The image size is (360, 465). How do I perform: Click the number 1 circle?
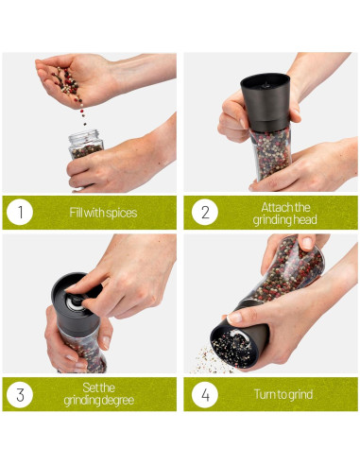[x=20, y=212]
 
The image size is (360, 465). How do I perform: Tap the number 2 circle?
[x=205, y=212]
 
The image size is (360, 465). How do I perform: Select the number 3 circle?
[x=20, y=394]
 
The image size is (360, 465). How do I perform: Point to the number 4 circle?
[x=205, y=394]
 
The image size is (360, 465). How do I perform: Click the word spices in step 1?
[x=122, y=214]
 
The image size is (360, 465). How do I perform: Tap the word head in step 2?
[x=305, y=219]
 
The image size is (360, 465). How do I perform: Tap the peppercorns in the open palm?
[x=68, y=82]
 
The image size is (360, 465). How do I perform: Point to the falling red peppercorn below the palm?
[x=82, y=112]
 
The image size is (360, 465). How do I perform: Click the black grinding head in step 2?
[x=266, y=102]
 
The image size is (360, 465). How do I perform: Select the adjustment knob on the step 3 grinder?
[x=76, y=301]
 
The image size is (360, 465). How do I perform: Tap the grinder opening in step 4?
[x=231, y=345]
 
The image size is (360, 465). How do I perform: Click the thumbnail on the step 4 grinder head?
[x=234, y=318]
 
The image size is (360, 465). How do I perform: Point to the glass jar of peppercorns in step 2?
[x=271, y=153]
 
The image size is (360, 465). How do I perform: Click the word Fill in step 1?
[x=76, y=213]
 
